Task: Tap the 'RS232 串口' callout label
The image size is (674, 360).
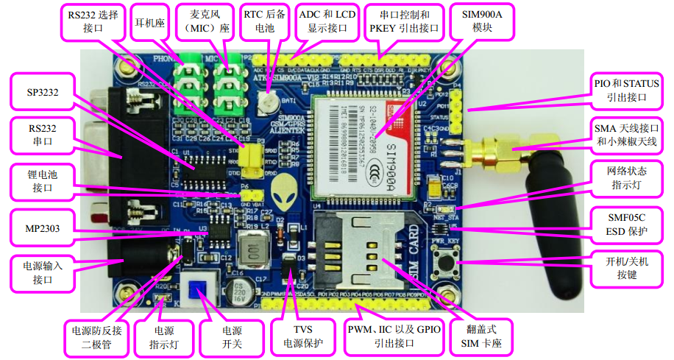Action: (x=42, y=135)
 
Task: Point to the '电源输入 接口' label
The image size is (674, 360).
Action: (x=42, y=274)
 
